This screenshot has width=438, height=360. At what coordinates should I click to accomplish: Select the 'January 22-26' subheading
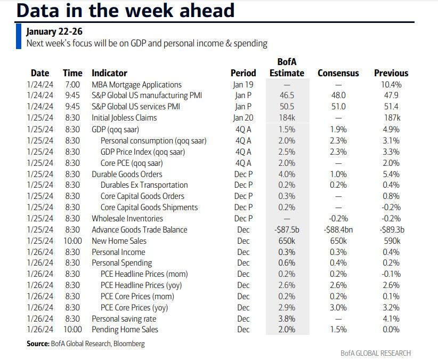(54, 31)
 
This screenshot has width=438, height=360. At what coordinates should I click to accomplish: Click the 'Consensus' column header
(338, 73)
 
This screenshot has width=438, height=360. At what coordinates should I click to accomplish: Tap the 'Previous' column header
(391, 73)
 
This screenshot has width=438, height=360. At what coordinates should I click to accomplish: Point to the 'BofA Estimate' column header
(290, 67)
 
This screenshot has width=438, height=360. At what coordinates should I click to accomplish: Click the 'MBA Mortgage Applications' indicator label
(136, 85)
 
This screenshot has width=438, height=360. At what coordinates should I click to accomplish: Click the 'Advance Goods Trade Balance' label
(140, 229)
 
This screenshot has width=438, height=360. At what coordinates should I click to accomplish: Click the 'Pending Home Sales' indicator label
(125, 330)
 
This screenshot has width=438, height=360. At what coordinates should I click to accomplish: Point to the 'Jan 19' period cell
(243, 85)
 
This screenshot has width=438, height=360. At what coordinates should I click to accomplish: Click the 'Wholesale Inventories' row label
(127, 218)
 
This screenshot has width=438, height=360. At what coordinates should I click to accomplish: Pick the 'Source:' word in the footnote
(38, 344)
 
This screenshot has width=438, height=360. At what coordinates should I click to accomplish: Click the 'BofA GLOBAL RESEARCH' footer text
(376, 353)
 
